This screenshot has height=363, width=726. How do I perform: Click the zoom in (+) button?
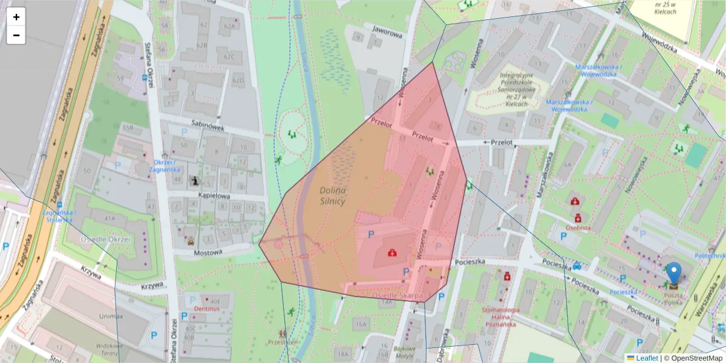(x=16, y=17)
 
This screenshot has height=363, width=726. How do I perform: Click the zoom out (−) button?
(x=16, y=35)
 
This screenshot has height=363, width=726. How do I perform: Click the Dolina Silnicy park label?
(x=332, y=195)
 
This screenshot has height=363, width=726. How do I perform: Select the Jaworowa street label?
(x=388, y=34)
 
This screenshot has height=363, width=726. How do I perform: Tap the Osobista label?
(x=578, y=227)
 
